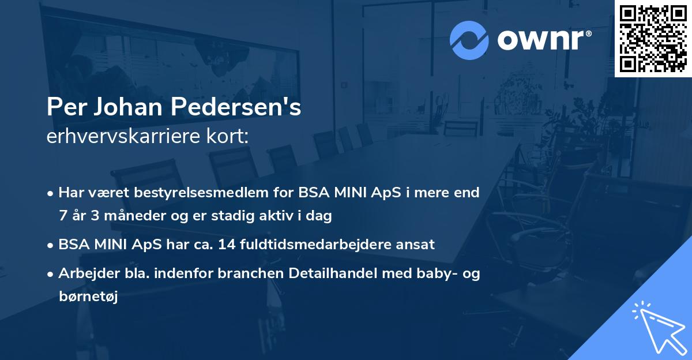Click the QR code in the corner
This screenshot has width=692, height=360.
[x=653, y=39]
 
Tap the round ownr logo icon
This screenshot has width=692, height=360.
[x=469, y=40]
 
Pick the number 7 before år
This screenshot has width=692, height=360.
[x=62, y=216]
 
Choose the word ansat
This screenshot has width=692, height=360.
[x=418, y=245]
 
